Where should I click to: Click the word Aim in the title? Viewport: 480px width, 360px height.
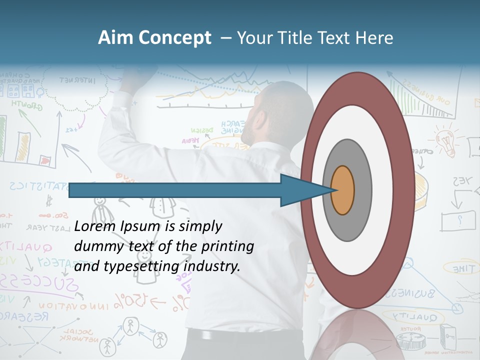[x=115, y=38]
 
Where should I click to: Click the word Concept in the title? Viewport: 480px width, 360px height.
[x=174, y=38]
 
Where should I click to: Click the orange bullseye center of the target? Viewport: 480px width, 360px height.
[x=342, y=190]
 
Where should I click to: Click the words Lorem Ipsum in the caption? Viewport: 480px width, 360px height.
[x=117, y=226]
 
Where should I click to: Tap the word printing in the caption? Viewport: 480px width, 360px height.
[x=227, y=246]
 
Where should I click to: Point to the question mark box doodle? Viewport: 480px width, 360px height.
[x=458, y=220]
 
